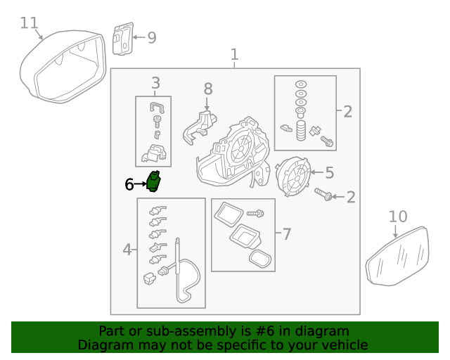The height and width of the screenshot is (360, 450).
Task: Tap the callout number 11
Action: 29,23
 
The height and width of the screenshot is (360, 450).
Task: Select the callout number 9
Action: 151,37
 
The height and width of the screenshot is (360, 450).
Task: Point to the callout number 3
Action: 155,83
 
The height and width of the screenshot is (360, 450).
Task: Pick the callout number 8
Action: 207,89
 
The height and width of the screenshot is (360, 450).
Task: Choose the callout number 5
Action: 329,172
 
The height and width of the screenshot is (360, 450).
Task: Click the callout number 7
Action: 285,233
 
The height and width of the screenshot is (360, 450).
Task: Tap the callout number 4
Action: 127,249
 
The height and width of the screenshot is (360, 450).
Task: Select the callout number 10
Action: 397,216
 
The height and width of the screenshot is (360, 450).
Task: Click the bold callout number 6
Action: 129,184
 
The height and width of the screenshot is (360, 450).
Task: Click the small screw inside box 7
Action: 255,212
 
